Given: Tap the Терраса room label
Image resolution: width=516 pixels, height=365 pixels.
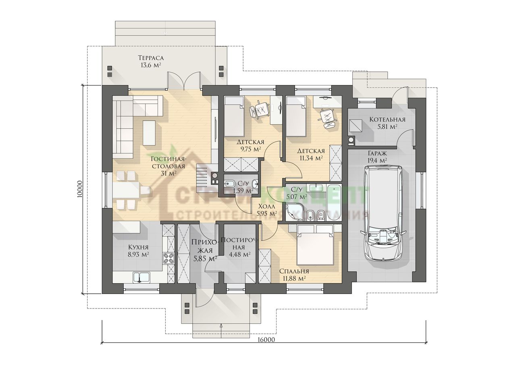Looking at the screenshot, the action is point(151,57).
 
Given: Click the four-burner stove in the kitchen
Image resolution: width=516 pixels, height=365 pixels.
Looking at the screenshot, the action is point(169,258).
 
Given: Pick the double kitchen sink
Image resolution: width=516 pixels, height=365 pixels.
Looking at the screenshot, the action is point(141,277).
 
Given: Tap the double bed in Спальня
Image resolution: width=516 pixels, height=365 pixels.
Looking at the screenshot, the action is point(315,244).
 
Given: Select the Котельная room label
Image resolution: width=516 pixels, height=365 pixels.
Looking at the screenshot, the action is point(387,120).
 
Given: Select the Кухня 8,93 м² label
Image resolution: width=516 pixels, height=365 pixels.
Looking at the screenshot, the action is point(138,251).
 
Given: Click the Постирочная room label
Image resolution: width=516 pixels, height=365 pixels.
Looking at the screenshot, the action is point(240,247).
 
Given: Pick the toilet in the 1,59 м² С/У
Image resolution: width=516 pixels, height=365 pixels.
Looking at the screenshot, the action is point(229,184).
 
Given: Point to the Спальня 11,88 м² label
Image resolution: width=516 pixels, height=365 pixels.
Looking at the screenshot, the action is point(294,274).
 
